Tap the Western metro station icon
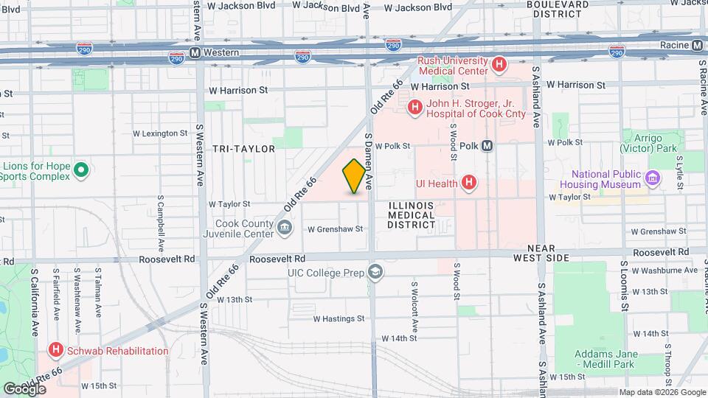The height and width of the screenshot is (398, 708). point(195,53)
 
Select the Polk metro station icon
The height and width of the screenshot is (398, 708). point(487,146)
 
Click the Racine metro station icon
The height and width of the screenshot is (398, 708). point(697,46)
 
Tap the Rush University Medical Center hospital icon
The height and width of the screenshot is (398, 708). point(499,65)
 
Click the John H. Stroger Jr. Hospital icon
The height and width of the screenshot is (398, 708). point(414,108)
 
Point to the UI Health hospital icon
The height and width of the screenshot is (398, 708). point(468,182)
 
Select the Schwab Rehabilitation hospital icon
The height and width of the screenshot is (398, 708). point(55,351)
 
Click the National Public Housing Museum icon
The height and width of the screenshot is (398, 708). point(652,178)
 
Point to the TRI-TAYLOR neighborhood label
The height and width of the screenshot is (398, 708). point(243,149)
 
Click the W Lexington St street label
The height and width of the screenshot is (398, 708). point(160,133)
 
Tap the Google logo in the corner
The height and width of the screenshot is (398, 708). point(25,388)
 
